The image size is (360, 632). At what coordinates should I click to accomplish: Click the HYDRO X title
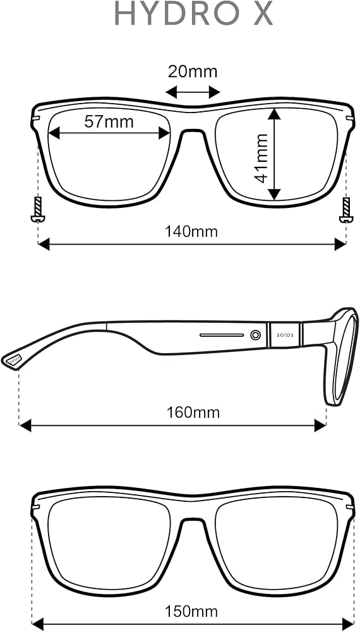(194, 14)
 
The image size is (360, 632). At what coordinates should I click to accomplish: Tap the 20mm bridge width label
(193, 72)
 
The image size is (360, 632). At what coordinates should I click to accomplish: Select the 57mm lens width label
(109, 121)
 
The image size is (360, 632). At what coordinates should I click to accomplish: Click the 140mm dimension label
(191, 232)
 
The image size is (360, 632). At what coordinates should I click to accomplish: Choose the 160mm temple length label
(193, 412)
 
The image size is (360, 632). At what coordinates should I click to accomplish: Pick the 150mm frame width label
(191, 611)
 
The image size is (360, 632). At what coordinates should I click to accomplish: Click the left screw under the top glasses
(38, 210)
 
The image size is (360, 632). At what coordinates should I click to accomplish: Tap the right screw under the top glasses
(346, 210)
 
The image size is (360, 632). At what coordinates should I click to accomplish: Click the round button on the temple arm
(255, 334)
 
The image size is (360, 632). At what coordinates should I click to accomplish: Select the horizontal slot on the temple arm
(222, 335)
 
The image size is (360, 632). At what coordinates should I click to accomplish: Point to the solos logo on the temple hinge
(285, 334)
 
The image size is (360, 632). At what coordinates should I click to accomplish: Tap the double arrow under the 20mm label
(193, 92)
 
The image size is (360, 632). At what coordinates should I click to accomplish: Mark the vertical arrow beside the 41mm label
(274, 154)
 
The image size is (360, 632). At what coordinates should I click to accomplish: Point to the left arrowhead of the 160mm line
(25, 425)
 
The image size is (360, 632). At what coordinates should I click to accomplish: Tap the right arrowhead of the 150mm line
(348, 624)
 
